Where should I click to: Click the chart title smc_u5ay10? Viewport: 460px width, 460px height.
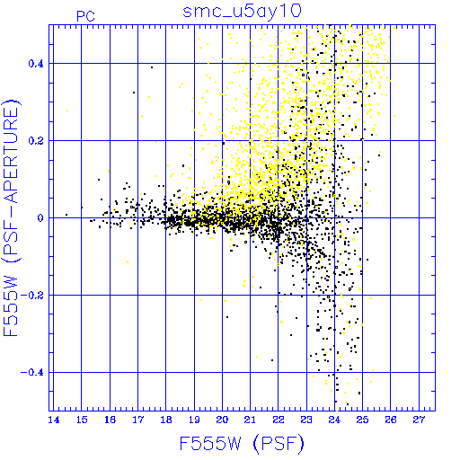coord(242,12)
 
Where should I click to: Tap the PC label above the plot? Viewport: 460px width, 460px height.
coord(86,16)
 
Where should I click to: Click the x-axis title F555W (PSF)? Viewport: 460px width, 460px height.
coord(242,444)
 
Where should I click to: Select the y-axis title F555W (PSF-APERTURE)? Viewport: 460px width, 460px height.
coord(12,218)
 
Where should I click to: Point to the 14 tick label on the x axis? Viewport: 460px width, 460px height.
coord(54,420)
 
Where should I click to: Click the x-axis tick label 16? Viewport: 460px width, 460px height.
coord(110,420)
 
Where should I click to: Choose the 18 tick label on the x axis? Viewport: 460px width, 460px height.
coord(166,420)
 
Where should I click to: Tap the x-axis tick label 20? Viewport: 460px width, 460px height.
coord(222,420)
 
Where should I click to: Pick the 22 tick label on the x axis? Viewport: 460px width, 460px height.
coord(279,420)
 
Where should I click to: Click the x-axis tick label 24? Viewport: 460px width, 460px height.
coord(334,420)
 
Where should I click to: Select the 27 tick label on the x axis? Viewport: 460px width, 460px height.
coord(419,420)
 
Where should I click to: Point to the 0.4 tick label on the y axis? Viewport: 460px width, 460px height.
coord(36,64)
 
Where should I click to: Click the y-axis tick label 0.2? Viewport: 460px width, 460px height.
coord(36,141)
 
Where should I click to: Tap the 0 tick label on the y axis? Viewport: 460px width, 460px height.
coord(40,218)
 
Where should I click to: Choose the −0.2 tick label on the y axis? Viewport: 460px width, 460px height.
coord(32,296)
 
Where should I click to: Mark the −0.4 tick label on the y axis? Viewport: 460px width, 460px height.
coord(32,373)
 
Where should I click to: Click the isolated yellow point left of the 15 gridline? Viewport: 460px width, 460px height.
coord(67,111)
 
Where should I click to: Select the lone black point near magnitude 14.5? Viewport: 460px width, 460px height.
coord(66,215)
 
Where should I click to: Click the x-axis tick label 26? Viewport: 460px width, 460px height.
coord(391,420)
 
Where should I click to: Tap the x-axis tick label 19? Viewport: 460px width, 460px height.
coord(194,420)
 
